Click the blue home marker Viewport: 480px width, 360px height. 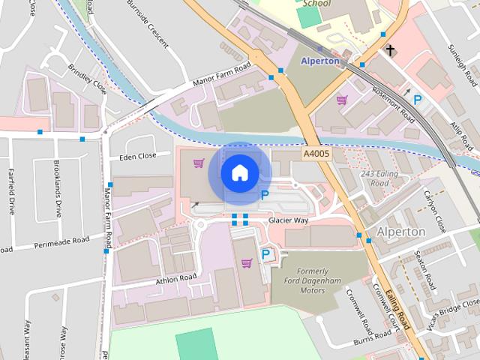point(239,172)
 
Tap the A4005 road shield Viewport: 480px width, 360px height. point(316,153)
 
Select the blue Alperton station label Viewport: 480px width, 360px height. point(320,61)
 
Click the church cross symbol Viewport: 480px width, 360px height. point(389,50)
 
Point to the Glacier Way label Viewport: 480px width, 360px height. point(289,220)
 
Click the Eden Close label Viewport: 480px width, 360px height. point(137,157)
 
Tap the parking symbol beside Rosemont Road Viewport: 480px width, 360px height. point(417,99)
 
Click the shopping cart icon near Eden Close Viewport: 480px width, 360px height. point(199,163)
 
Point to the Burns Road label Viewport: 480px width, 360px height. point(373,340)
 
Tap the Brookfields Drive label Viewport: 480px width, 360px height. point(57,188)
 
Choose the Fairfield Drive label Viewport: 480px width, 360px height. point(11,192)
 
